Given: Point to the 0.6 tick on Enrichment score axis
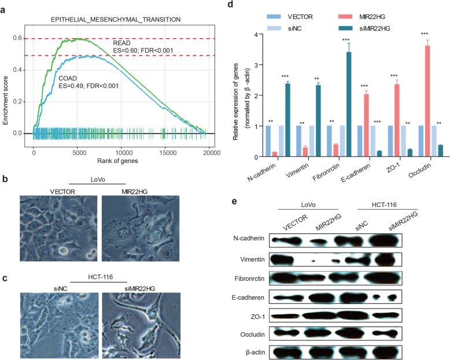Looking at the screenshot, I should coord(23,38).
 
